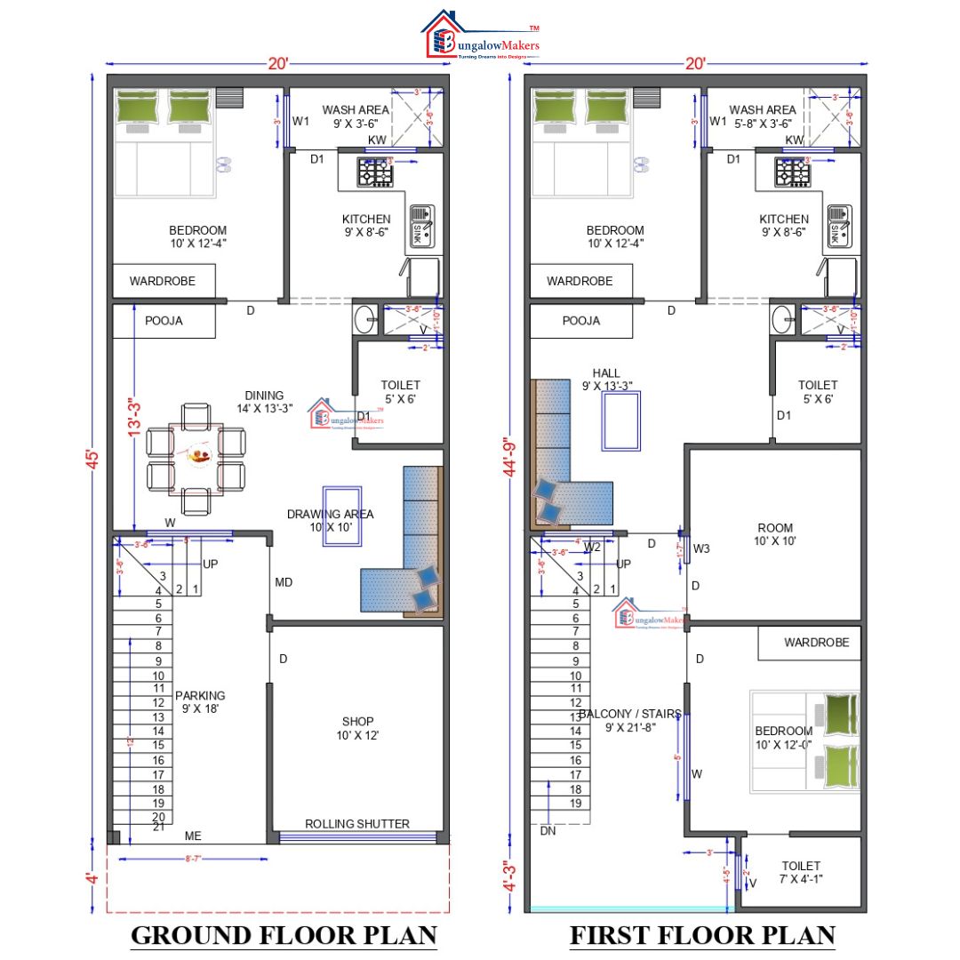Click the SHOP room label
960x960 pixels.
357,728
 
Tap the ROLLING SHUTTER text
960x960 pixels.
357,824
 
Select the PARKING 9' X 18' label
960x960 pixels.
200,702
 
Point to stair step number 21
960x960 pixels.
158,827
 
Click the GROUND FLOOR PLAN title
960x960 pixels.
284,934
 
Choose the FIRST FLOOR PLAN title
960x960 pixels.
701,934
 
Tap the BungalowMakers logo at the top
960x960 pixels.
480,36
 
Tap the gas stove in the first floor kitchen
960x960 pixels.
791,172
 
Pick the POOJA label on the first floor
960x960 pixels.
580,321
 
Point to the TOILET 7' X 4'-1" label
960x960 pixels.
800,872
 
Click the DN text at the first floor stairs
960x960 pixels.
548,830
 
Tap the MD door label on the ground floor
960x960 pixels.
284,582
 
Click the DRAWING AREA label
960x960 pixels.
330,520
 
